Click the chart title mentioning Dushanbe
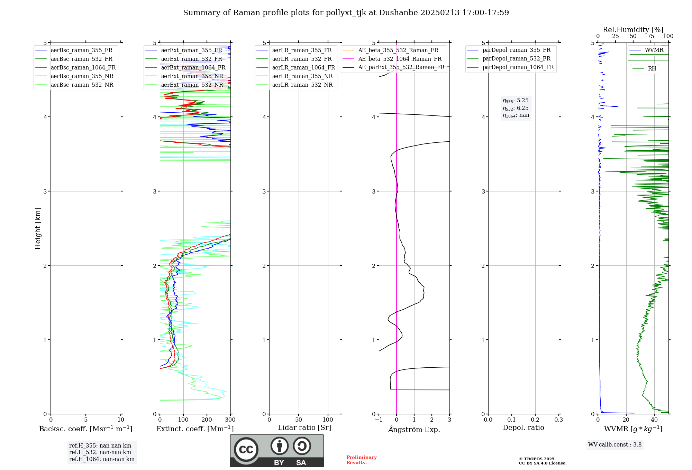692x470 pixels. point(346,13)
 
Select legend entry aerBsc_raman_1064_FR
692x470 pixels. point(83,68)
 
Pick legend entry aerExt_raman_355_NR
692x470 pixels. point(192,76)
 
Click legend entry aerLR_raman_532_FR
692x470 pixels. point(302,59)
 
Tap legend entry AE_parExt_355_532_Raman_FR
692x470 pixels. point(401,67)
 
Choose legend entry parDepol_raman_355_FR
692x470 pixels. point(516,50)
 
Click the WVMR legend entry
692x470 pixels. point(654,50)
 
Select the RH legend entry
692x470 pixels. point(652,69)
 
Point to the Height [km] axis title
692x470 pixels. point(38,228)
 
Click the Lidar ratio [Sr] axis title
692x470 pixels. point(304,428)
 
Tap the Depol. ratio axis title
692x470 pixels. point(523,428)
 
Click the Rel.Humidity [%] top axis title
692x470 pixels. point(633,30)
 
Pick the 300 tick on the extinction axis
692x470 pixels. point(230,420)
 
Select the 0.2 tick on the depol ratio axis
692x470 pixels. point(535,420)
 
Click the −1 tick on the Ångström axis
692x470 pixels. point(379,420)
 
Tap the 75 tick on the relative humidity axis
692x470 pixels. point(650,36)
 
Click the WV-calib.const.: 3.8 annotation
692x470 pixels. point(615,445)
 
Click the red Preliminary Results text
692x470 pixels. point(361,460)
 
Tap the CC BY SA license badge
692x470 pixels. point(277,451)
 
